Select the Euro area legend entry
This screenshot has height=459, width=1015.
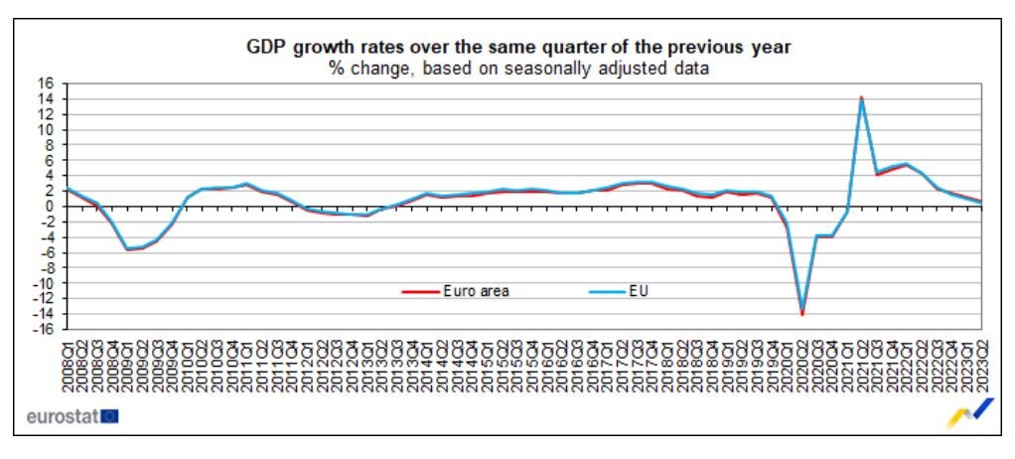coord(474,291)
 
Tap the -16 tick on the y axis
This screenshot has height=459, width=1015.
coord(45,329)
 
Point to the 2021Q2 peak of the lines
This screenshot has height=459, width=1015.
coord(861,98)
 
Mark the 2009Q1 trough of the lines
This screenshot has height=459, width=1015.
coord(127,248)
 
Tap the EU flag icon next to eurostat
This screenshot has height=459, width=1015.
coord(109,415)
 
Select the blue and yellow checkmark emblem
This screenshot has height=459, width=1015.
coord(970,411)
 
